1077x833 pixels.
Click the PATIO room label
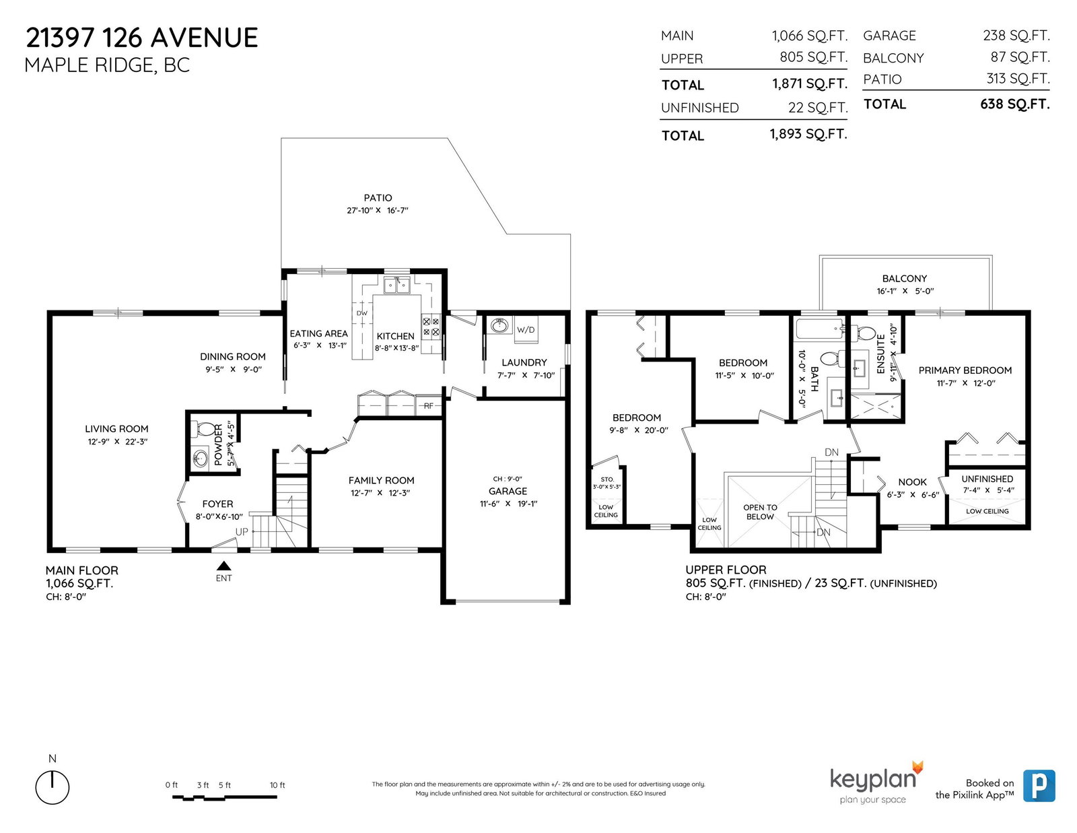378,198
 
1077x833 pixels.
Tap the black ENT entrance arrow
224,566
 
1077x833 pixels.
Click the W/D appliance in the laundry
525,330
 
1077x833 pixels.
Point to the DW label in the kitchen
362,313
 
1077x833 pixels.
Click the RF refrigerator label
429,406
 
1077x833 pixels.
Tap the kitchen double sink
397,285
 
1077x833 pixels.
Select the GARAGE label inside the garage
508,491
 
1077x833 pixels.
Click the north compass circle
52,787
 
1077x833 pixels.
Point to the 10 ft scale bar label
277,785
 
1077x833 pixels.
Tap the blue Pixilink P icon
1039,785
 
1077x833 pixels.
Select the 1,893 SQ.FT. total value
808,135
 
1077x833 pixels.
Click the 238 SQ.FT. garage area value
1016,36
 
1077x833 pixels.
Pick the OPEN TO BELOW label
760,512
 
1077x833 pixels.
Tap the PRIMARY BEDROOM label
965,370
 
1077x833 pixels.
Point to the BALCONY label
905,279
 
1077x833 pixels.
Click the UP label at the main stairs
242,532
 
